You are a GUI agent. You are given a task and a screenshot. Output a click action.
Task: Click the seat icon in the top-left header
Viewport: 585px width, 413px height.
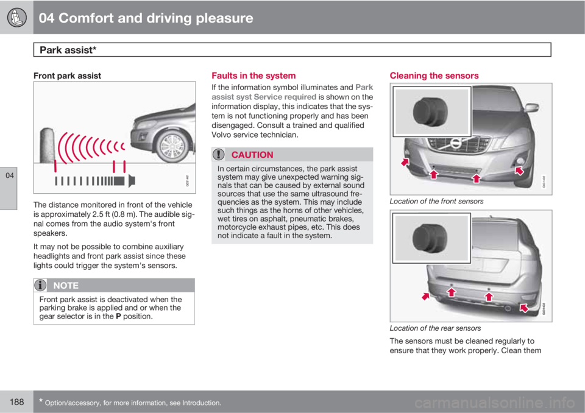(16, 18)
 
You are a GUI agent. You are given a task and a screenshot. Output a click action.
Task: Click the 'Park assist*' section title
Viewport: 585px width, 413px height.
(68, 50)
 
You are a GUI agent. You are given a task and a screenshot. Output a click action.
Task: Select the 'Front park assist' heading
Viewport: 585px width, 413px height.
(67, 76)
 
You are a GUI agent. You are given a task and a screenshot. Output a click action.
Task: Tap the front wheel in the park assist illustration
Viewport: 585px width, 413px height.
(172, 146)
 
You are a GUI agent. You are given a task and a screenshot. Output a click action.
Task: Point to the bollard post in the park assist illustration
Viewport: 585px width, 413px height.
(47, 146)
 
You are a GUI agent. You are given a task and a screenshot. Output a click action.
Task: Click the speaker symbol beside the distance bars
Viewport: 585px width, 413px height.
(132, 181)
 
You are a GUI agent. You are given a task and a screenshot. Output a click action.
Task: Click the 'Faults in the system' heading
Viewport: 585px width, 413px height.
(253, 76)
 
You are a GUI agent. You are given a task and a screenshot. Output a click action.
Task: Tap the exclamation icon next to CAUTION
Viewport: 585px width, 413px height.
(218, 155)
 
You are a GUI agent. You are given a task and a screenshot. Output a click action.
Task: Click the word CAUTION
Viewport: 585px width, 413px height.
(252, 155)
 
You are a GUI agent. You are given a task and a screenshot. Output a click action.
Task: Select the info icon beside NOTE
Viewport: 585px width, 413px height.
(40, 286)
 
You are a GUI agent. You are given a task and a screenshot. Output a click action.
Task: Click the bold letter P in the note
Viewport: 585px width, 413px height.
(118, 316)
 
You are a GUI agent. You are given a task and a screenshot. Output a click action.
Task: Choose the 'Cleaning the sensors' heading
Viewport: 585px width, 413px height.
(434, 76)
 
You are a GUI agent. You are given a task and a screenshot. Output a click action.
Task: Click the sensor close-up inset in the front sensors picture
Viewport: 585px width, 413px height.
(431, 111)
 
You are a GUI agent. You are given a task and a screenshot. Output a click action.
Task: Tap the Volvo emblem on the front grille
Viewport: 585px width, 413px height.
(456, 143)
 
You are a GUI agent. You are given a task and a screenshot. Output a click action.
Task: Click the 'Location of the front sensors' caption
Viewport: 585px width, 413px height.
(436, 202)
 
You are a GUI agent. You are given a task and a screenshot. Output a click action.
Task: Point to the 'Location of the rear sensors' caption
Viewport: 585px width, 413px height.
(435, 328)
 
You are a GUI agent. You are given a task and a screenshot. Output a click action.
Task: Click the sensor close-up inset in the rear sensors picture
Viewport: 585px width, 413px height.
(431, 238)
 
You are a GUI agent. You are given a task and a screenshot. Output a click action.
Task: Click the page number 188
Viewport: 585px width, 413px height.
(17, 402)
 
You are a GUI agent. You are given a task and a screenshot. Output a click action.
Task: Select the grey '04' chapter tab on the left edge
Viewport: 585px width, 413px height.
(9, 188)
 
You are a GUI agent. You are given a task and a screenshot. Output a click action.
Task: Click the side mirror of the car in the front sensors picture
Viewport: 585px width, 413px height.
(531, 107)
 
